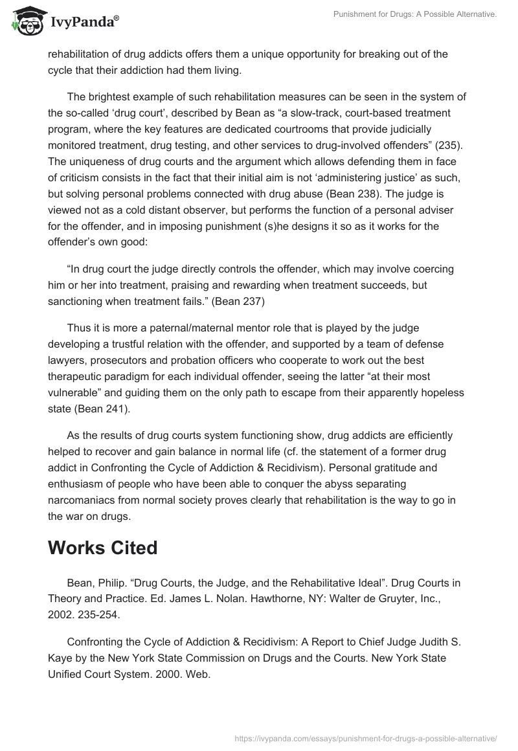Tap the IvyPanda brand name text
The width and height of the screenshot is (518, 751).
point(84,22)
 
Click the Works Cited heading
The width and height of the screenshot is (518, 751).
point(102,547)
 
